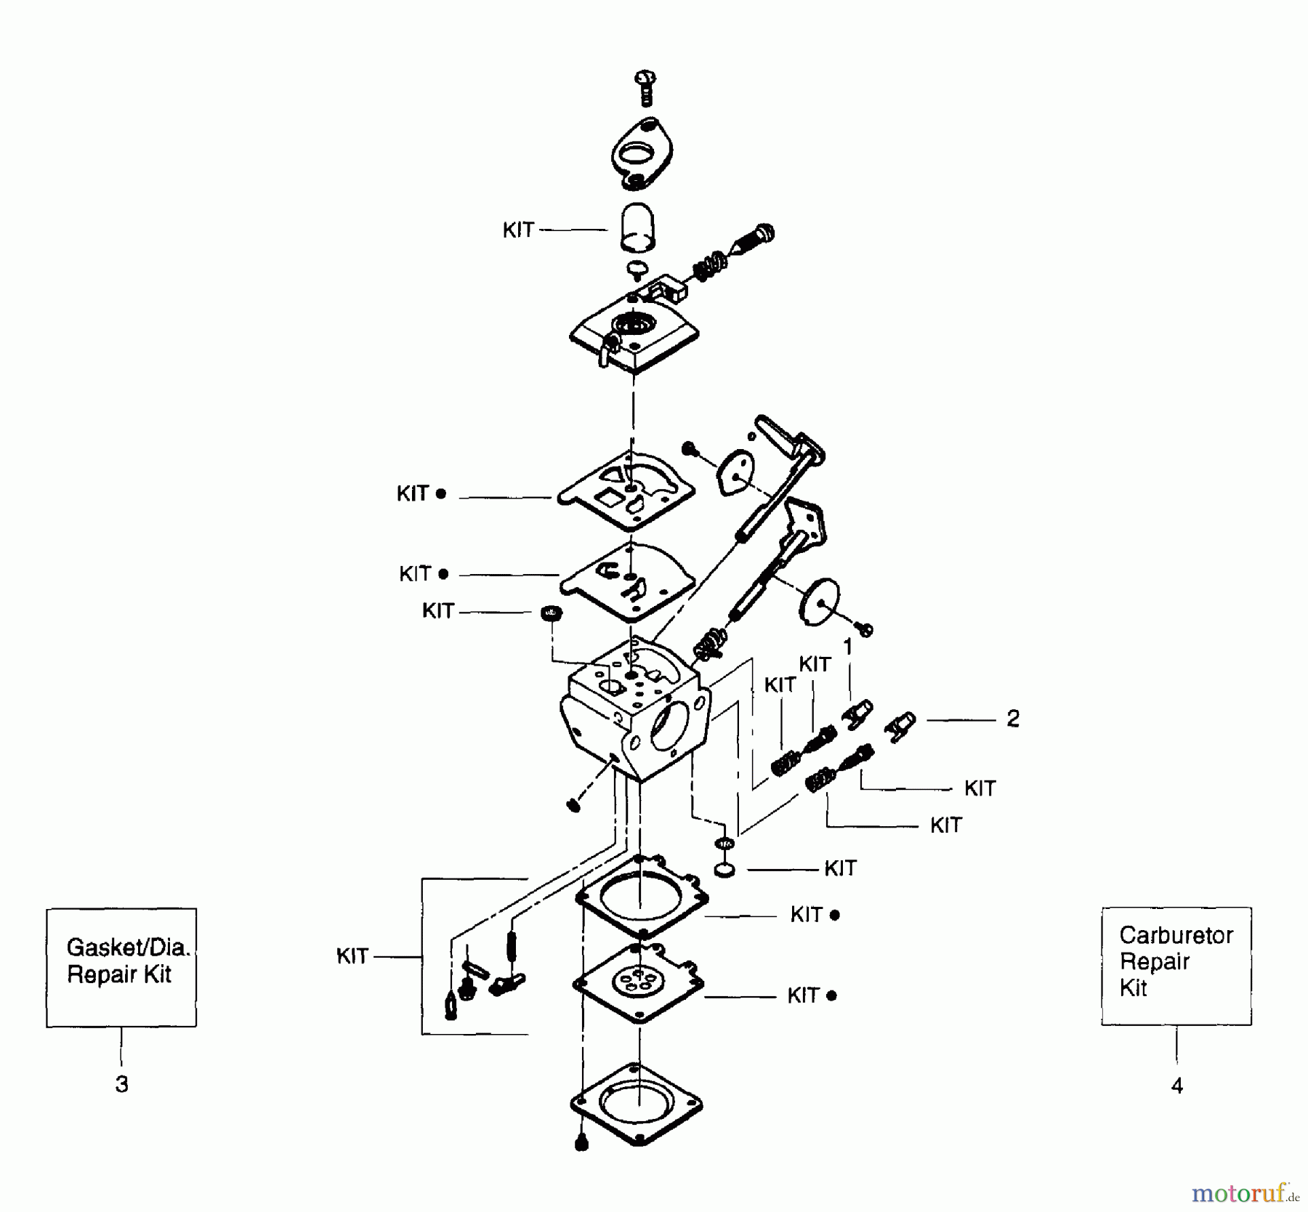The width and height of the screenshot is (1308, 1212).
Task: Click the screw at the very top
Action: [645, 86]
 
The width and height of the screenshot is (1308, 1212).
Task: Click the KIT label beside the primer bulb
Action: [518, 230]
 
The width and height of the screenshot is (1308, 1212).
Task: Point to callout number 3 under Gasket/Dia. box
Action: [121, 1084]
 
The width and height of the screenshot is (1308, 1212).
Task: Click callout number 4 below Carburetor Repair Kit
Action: [1176, 1086]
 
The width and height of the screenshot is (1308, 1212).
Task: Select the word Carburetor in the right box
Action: [1175, 935]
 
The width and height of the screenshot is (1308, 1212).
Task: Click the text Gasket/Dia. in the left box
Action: [128, 948]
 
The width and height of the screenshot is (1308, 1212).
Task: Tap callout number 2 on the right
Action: [1012, 719]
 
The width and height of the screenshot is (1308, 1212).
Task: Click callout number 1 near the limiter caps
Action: [847, 646]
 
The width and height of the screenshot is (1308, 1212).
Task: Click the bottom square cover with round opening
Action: [636, 1104]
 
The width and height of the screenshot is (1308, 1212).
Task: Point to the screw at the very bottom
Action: [581, 1144]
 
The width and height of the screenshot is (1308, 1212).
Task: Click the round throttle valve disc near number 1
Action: [820, 600]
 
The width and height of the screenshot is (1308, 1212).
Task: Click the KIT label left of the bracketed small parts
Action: [352, 956]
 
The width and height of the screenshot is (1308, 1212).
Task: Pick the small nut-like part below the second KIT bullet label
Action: [552, 613]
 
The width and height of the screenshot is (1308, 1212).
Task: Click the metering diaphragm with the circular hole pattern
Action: [638, 983]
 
